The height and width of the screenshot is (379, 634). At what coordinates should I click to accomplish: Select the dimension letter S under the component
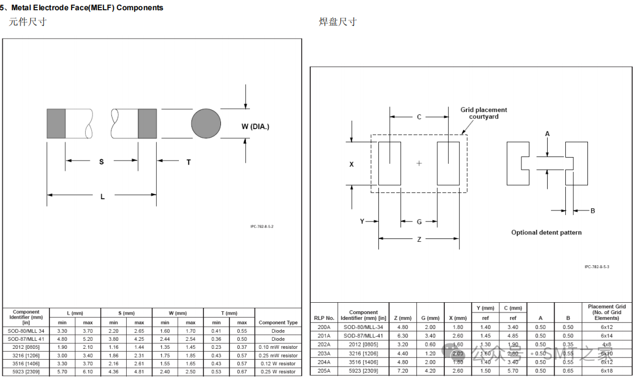(102, 162)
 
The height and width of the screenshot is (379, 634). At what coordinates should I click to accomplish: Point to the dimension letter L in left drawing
(102, 197)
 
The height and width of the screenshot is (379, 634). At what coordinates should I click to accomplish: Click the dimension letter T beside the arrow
(189, 162)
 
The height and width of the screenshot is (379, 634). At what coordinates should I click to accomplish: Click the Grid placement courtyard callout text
(483, 113)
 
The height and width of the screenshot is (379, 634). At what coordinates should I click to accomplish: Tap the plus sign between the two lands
(419, 163)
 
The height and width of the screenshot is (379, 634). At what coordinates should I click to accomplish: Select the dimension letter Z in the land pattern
(419, 240)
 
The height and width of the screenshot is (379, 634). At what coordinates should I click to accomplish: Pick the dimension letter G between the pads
(419, 222)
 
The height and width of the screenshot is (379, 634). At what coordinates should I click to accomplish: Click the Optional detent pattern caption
(546, 232)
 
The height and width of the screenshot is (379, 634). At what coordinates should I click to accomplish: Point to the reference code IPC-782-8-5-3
(597, 266)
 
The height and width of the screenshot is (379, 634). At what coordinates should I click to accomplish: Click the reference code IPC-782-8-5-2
(266, 226)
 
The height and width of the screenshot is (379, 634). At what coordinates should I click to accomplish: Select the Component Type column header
(278, 323)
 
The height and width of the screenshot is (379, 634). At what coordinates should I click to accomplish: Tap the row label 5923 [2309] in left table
(26, 372)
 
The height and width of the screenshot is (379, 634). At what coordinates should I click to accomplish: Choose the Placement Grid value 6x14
(607, 336)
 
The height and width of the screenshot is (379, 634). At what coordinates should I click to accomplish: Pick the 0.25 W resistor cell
(278, 372)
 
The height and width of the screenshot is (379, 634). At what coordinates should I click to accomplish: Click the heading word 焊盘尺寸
(337, 22)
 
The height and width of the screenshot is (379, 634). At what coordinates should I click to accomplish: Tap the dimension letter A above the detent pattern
(548, 134)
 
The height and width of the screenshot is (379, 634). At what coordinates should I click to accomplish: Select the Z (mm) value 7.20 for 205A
(402, 371)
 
